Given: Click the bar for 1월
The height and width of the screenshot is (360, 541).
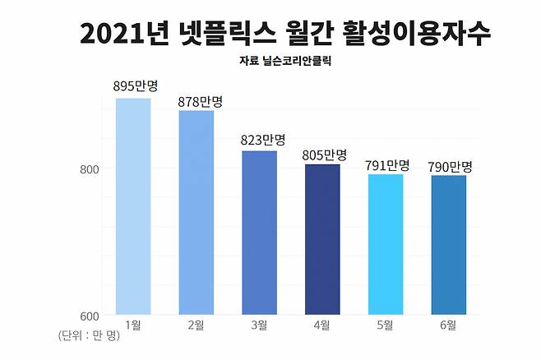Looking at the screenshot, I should (x=133, y=206).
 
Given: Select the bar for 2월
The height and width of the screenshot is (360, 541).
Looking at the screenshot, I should (x=197, y=213).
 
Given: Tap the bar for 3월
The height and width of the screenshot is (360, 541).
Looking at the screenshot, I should (x=259, y=233).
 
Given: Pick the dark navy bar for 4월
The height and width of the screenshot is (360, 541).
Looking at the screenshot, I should (x=322, y=239).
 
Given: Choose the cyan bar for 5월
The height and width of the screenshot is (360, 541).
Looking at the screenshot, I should (x=386, y=244).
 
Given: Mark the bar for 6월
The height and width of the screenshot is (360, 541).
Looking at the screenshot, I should (x=448, y=245).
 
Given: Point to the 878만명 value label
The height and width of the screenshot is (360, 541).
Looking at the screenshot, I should (x=200, y=101).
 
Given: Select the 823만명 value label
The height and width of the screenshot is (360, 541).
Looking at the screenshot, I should (x=262, y=141).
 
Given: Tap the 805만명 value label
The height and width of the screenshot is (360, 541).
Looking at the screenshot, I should (x=324, y=155).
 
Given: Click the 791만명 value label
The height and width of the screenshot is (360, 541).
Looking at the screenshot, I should (x=386, y=165).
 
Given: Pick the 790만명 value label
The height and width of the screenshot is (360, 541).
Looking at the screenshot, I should (x=450, y=166).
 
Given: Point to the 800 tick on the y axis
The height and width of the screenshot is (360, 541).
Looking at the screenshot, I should (x=89, y=169).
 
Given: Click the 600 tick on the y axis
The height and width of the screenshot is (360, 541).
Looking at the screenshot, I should (x=89, y=316).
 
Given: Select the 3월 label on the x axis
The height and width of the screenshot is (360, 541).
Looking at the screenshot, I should (x=259, y=325).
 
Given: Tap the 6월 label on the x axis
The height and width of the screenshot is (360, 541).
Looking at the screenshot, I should (x=448, y=325).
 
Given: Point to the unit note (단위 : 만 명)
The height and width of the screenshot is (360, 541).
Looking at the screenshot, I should (x=89, y=337).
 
